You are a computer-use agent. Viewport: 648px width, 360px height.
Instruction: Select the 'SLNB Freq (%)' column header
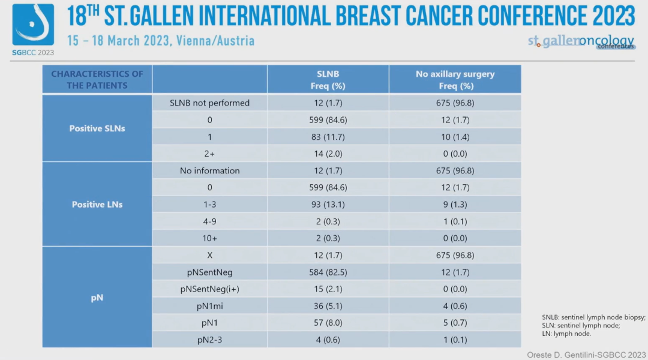coord(328,80)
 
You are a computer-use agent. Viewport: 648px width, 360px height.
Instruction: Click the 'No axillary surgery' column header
coord(455,80)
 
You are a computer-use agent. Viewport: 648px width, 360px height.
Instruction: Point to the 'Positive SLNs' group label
coord(97,128)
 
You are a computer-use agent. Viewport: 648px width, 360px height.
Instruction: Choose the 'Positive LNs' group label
coord(97,205)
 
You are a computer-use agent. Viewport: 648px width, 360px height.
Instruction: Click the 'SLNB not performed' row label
coord(209,103)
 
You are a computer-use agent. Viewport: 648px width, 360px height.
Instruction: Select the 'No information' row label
coord(209,171)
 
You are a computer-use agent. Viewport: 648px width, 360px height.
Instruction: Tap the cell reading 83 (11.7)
coord(328,137)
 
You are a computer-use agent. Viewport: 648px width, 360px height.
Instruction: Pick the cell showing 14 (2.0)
coord(328,154)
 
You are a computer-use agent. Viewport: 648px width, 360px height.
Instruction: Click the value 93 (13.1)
coord(328,205)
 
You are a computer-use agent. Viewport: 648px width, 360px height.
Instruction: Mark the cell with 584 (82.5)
coord(328,272)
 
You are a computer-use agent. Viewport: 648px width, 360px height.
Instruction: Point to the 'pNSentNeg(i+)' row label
coord(209,289)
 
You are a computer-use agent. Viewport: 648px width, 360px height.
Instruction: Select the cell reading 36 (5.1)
coord(328,306)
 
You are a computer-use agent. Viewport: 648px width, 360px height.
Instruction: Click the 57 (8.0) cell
coord(328,323)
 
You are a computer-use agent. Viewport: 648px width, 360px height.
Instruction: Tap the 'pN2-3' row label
coord(209,340)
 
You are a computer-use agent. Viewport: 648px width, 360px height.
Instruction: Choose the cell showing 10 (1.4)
coord(455,137)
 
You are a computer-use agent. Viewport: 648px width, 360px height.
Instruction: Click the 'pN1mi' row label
coord(209,306)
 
